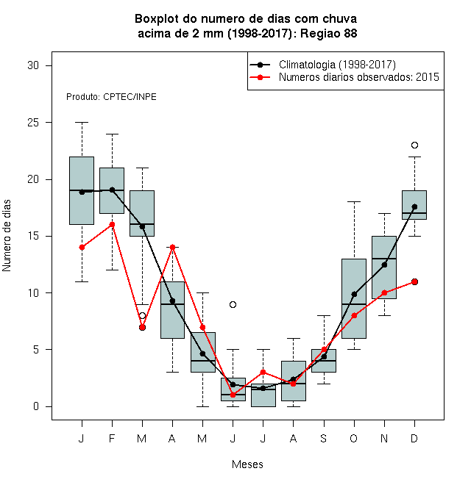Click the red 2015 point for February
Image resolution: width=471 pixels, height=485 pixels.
click(x=112, y=225)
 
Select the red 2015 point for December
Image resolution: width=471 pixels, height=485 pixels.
click(x=414, y=281)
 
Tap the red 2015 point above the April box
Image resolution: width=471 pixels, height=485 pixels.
click(x=173, y=247)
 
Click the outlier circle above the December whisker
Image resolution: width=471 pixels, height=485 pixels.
click(x=414, y=145)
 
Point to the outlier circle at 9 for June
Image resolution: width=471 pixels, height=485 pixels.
click(x=233, y=305)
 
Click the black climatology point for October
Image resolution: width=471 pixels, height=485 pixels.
click(x=354, y=294)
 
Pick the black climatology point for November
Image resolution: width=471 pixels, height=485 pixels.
click(x=385, y=265)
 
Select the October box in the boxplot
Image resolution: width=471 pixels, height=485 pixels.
click(x=354, y=298)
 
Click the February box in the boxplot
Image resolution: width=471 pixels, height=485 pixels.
click(x=112, y=190)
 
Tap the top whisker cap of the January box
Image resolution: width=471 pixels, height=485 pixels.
click(x=82, y=123)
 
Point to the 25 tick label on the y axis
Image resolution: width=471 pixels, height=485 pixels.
click(x=33, y=123)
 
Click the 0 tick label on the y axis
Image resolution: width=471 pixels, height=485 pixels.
click(x=36, y=406)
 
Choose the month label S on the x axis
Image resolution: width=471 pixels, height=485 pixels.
click(x=324, y=438)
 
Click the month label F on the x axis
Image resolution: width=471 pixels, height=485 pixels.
click(x=112, y=438)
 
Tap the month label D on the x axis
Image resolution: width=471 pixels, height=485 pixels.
click(x=414, y=438)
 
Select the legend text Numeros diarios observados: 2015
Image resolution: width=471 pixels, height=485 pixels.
click(x=359, y=77)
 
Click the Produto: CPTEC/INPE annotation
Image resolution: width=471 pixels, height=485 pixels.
click(x=111, y=97)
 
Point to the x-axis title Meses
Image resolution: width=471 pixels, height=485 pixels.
click(x=247, y=464)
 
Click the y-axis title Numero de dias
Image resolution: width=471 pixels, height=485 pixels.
click(x=7, y=236)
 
